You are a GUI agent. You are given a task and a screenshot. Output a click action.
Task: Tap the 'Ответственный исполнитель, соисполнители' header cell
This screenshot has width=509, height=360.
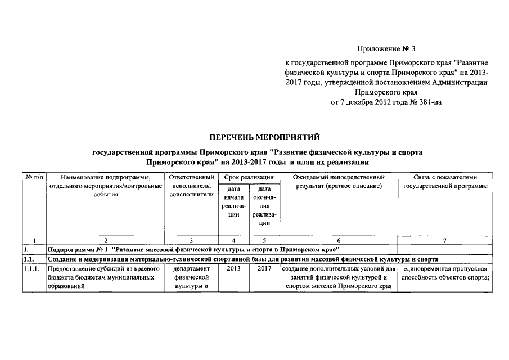pyautogui.click(x=192, y=186)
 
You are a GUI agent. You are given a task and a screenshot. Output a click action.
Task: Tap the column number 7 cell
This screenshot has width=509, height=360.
pyautogui.click(x=444, y=241)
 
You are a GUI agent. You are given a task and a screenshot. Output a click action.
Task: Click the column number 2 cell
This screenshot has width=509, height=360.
pyautogui.click(x=105, y=241)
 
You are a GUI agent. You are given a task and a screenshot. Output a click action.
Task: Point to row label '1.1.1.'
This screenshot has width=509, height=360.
pyautogui.click(x=33, y=268)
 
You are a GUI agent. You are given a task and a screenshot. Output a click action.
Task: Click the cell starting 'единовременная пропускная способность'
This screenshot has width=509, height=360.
pyautogui.click(x=444, y=273)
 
